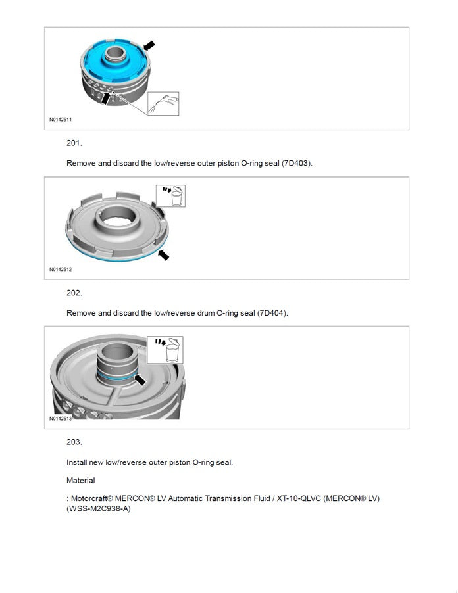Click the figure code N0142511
click(60, 120)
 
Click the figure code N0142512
click(60, 269)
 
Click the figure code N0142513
click(60, 418)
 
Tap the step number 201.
click(74, 143)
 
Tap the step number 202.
click(74, 293)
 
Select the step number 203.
click(74, 442)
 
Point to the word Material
click(80, 481)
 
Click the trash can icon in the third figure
click(168, 350)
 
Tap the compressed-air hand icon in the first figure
click(163, 103)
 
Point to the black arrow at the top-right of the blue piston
click(149, 45)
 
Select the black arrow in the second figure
click(162, 254)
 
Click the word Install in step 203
click(76, 462)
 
